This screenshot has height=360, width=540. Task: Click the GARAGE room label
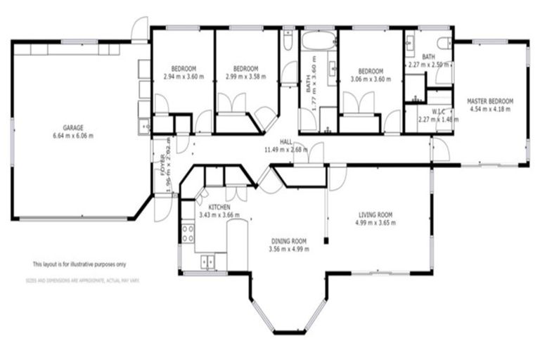pyautogui.click(x=73, y=128)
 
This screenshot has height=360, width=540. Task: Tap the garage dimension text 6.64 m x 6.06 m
pyautogui.click(x=73, y=136)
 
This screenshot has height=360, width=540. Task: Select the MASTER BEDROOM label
pyautogui.click(x=490, y=101)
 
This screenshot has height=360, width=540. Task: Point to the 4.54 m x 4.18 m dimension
pyautogui.click(x=490, y=109)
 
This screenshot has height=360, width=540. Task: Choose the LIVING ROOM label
pyautogui.click(x=375, y=215)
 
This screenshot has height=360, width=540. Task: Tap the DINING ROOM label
pyautogui.click(x=290, y=240)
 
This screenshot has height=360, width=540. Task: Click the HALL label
pyautogui.click(x=286, y=141)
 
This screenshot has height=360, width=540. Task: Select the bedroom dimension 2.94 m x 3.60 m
pyautogui.click(x=183, y=77)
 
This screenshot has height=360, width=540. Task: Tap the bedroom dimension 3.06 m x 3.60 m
pyautogui.click(x=370, y=79)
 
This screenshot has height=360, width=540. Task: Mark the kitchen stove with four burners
pyautogui.click(x=188, y=231)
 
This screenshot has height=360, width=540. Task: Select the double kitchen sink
pyautogui.click(x=209, y=262)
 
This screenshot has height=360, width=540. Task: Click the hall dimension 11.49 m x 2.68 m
pyautogui.click(x=286, y=150)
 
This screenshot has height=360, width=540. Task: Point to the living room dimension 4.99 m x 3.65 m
pyautogui.click(x=375, y=223)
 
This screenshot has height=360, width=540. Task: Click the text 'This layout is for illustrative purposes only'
pyautogui.click(x=79, y=264)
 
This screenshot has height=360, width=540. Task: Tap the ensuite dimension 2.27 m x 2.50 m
pyautogui.click(x=428, y=64)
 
